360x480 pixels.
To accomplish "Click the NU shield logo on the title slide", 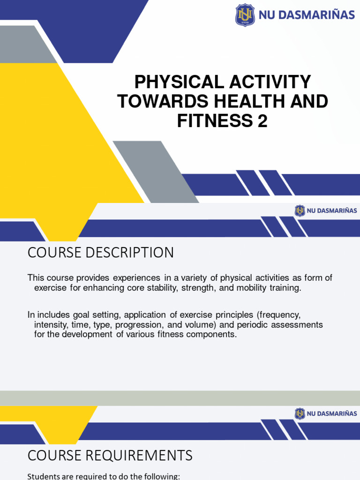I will pos(245,15).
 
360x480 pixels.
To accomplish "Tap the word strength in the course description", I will pos(197,288).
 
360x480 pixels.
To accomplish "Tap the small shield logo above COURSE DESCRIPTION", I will pos(300,211).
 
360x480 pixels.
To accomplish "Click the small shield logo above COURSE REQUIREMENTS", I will pos(300,413).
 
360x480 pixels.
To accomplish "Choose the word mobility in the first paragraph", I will pos(251,288).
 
